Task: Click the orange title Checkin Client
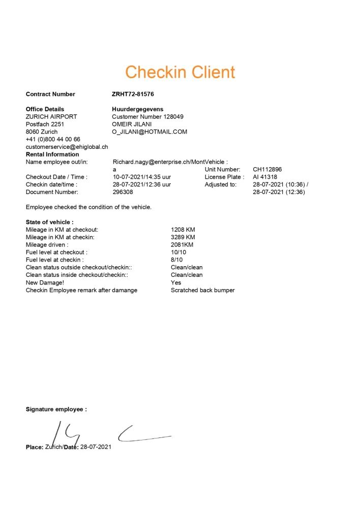(180, 72)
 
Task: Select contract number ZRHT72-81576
(133, 94)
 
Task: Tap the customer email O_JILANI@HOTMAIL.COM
(149, 132)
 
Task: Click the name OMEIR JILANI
(132, 124)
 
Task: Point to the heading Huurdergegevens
(137, 109)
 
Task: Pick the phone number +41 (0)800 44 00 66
(53, 139)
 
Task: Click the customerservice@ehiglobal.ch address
(67, 147)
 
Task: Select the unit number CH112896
(267, 169)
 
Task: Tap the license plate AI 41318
(265, 177)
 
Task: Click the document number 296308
(123, 192)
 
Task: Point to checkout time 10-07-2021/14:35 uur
(142, 177)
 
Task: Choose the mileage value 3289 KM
(183, 237)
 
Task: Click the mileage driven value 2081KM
(183, 245)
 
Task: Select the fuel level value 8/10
(177, 260)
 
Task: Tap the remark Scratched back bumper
(202, 290)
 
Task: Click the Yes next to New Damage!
(176, 282)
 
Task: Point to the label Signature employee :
(56, 409)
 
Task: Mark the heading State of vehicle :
(49, 222)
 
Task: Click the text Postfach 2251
(45, 124)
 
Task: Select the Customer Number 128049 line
(147, 116)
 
